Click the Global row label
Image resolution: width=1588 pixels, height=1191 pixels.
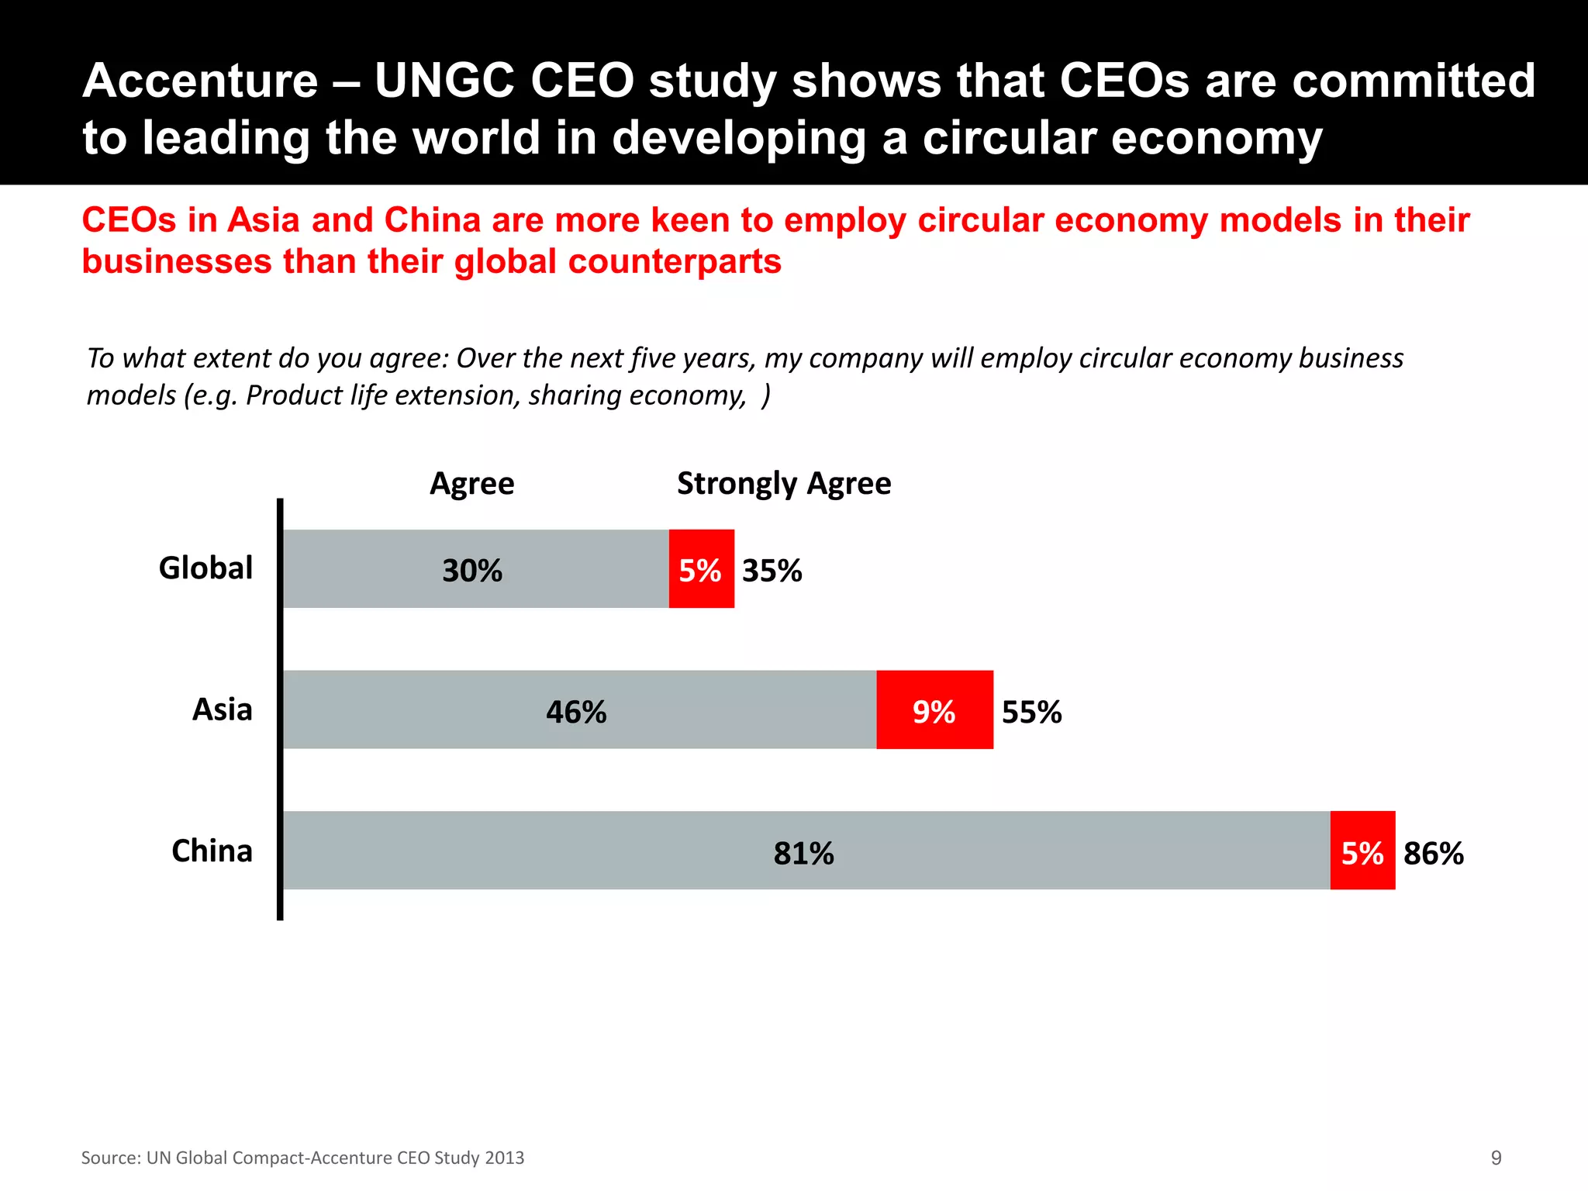click(205, 568)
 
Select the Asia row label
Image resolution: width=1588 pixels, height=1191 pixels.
click(223, 709)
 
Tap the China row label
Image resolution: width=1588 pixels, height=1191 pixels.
click(212, 851)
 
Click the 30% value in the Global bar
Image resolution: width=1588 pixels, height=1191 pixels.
click(472, 571)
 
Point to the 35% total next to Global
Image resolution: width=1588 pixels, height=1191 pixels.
click(772, 571)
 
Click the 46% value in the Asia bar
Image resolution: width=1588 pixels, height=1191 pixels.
click(576, 713)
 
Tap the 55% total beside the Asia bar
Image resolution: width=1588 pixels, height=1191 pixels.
click(1031, 713)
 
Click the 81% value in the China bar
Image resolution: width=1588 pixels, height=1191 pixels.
click(803, 854)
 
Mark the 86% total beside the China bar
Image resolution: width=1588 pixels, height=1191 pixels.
click(1434, 854)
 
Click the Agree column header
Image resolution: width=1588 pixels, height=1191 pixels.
click(471, 484)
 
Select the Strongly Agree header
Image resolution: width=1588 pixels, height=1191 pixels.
click(784, 484)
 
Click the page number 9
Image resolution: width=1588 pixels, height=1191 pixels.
click(1496, 1158)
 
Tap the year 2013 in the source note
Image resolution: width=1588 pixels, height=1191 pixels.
click(504, 1158)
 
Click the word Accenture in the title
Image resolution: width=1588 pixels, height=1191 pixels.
click(200, 81)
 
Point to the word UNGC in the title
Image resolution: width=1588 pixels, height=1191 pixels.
click(445, 81)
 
